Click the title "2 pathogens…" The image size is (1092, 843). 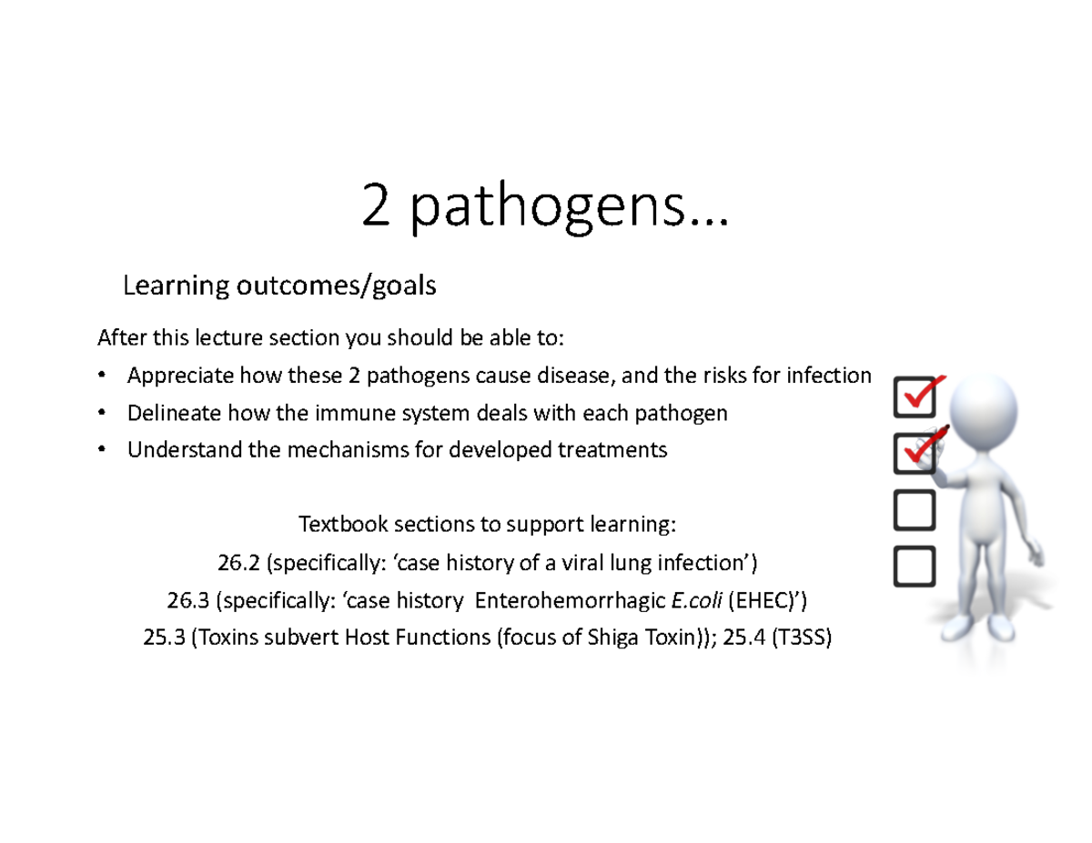(x=544, y=207)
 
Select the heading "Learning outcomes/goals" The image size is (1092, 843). (x=279, y=286)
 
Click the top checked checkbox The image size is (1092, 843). (x=915, y=396)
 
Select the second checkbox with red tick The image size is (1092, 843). (x=915, y=452)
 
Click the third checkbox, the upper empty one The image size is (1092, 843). (x=915, y=509)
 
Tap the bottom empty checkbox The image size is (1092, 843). (x=915, y=566)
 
